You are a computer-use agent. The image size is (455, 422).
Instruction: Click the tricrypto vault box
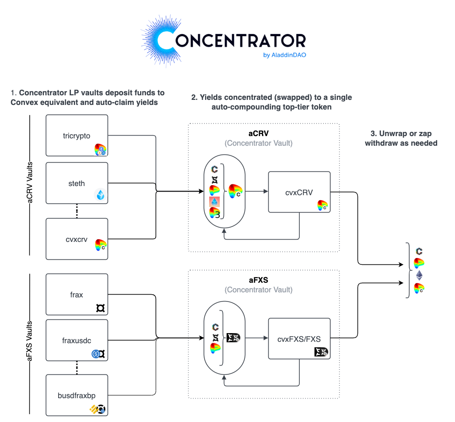[x=76, y=135]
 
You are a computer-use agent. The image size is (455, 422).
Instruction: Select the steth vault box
[x=76, y=183]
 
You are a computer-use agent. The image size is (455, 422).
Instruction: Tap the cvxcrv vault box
[x=76, y=238]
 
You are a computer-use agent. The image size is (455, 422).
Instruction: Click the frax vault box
[x=76, y=294]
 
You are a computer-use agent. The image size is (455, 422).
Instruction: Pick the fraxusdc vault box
[x=76, y=340]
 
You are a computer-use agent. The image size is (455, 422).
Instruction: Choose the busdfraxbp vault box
[x=76, y=395]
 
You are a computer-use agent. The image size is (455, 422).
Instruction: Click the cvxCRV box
[x=299, y=192]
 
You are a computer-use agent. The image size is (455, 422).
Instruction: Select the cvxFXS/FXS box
[x=299, y=339]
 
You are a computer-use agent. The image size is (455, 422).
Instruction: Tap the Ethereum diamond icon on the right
[x=419, y=276]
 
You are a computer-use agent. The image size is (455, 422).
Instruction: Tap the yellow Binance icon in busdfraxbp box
[x=94, y=409]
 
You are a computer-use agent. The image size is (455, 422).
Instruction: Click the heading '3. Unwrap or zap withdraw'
[x=401, y=138]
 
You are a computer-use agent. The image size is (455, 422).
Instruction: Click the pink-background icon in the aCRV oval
[x=215, y=202]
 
